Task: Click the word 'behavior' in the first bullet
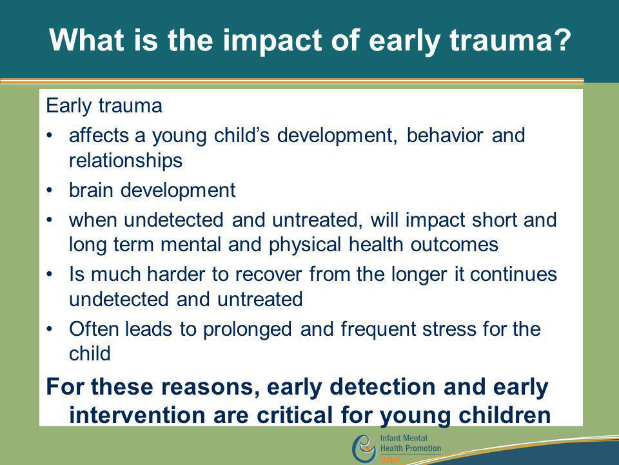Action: (x=444, y=135)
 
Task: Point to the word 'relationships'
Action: (x=126, y=161)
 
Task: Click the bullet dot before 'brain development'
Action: (x=50, y=190)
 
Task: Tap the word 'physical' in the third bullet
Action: (x=305, y=245)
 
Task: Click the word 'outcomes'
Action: (x=455, y=245)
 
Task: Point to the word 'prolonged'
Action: (x=247, y=329)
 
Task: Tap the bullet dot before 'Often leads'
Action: (x=50, y=329)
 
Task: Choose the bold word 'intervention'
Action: (x=137, y=415)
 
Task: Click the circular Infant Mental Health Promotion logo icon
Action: (x=364, y=449)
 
